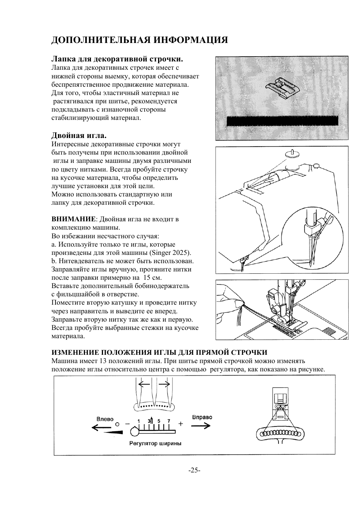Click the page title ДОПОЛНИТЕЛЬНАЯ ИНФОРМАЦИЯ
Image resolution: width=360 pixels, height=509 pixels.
point(139,40)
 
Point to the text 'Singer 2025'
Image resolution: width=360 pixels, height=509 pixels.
point(170,253)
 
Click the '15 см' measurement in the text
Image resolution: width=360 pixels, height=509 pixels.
point(153,278)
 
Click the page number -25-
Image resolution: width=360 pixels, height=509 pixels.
point(194,470)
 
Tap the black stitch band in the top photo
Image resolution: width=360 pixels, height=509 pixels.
point(282,121)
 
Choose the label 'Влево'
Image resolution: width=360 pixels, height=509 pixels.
point(105,419)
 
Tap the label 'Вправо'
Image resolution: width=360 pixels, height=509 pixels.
point(202,417)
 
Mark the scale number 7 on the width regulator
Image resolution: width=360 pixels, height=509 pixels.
point(169,421)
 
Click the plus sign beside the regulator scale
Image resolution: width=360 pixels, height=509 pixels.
point(181,424)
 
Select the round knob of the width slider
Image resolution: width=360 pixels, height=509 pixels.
point(135,430)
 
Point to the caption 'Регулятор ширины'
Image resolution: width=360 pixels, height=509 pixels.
point(155,443)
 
